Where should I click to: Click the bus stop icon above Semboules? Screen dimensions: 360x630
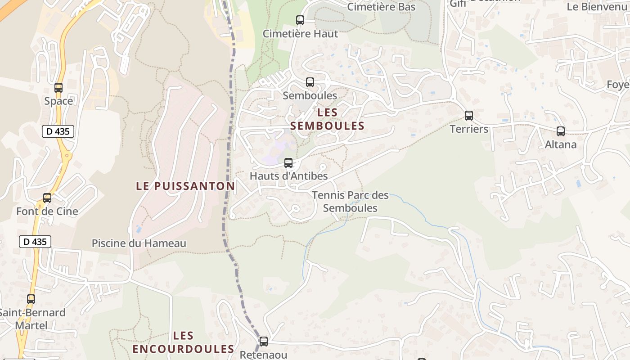(x=310, y=82)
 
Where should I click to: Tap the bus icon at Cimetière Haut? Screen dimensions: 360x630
(x=300, y=20)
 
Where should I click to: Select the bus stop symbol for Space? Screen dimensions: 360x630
(x=58, y=88)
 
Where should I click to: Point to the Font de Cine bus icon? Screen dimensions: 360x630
(x=47, y=198)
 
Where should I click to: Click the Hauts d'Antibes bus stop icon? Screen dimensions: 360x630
(x=288, y=163)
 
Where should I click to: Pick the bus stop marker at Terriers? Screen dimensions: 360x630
(x=469, y=116)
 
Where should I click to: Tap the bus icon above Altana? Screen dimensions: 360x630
(x=561, y=131)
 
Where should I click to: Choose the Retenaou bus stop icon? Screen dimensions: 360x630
(x=264, y=342)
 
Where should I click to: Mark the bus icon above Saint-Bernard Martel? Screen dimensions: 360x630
(x=31, y=299)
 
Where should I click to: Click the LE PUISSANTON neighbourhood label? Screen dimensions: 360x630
(x=185, y=186)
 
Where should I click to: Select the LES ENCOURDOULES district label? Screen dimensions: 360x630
(x=183, y=342)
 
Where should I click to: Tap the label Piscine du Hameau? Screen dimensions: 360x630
(x=139, y=243)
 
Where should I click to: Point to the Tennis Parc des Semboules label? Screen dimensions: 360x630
(x=350, y=202)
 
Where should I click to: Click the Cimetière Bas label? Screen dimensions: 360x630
(x=382, y=7)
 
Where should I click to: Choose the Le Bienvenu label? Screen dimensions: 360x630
(x=597, y=7)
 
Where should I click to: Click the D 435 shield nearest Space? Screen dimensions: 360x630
(x=58, y=131)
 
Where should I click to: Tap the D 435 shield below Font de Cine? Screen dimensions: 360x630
(x=35, y=242)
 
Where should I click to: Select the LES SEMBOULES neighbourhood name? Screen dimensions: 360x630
(x=327, y=119)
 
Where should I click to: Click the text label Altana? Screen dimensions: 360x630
(x=561, y=144)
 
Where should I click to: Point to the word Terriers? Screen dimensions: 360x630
(x=469, y=129)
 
